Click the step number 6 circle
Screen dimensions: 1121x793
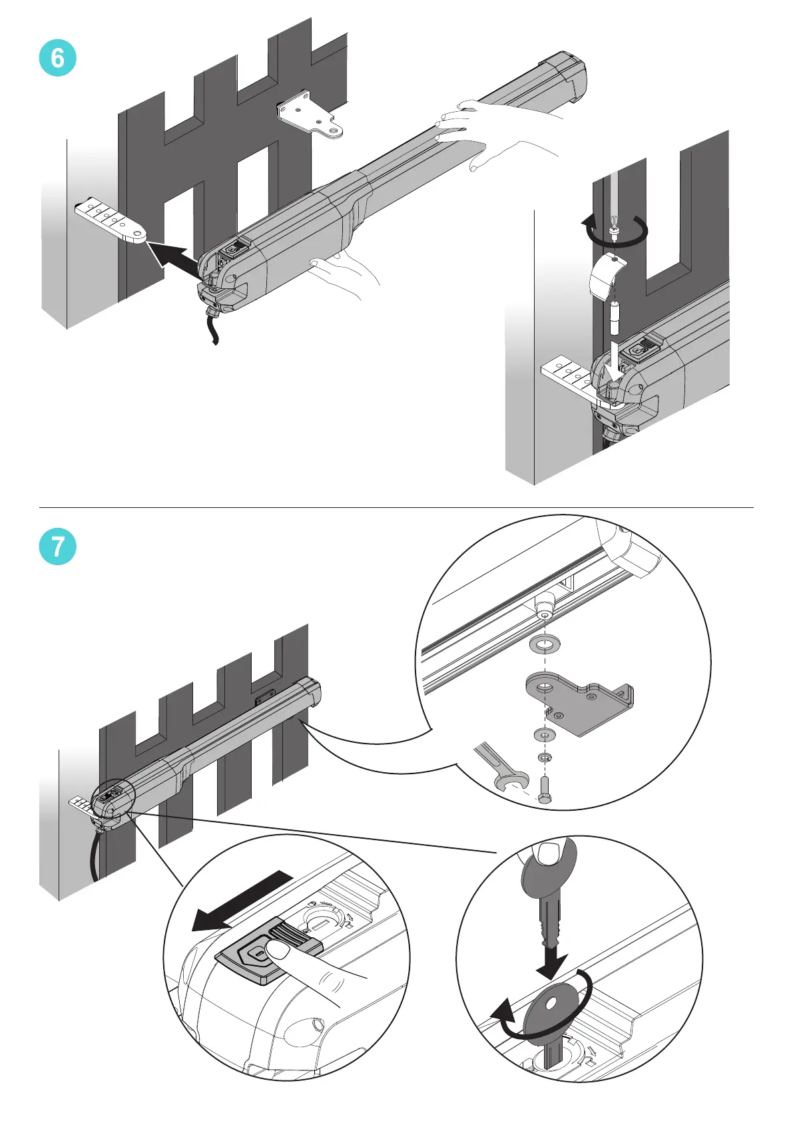point(57,59)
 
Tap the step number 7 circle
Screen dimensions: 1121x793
point(57,547)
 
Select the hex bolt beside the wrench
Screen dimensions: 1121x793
point(544,790)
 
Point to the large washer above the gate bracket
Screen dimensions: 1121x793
point(544,644)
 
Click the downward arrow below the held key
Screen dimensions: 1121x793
point(552,962)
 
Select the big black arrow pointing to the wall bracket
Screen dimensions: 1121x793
point(174,259)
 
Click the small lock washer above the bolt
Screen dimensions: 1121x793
point(544,758)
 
